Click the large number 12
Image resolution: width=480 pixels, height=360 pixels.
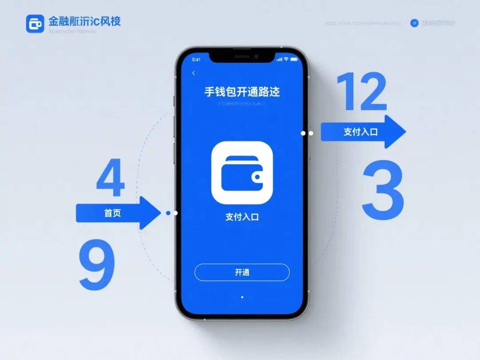pos(361,92)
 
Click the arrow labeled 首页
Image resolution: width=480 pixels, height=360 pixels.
pos(118,213)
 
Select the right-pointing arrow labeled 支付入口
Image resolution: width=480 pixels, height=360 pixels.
pos(362,132)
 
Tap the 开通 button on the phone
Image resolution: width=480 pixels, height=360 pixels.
pos(242,272)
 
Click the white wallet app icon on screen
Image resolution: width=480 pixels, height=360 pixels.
pos(242,172)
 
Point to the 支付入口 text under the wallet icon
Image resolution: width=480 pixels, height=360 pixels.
pos(242,217)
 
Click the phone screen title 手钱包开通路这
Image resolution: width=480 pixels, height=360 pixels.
pos(242,92)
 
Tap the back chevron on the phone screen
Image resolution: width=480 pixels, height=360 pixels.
pos(193,73)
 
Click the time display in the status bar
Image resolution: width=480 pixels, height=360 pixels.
pos(196,60)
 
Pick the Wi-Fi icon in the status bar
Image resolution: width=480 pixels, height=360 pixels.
pos(286,59)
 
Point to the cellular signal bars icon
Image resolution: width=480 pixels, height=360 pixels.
pos(279,59)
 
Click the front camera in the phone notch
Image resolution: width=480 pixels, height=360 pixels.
pos(256,56)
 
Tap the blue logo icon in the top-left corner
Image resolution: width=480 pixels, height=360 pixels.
pos(35,24)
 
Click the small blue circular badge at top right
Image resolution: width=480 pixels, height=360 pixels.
pos(414,23)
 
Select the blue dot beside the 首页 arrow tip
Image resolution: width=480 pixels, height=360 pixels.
pos(168,213)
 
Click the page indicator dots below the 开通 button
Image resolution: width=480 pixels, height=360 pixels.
pos(242,296)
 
